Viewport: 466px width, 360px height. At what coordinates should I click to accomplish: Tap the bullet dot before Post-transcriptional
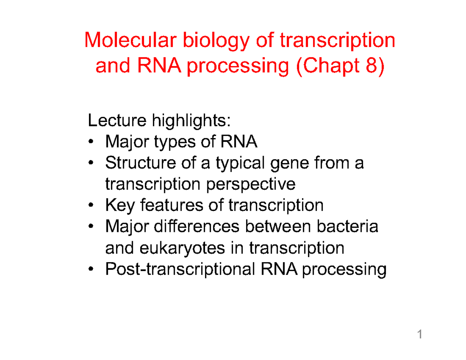91,269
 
